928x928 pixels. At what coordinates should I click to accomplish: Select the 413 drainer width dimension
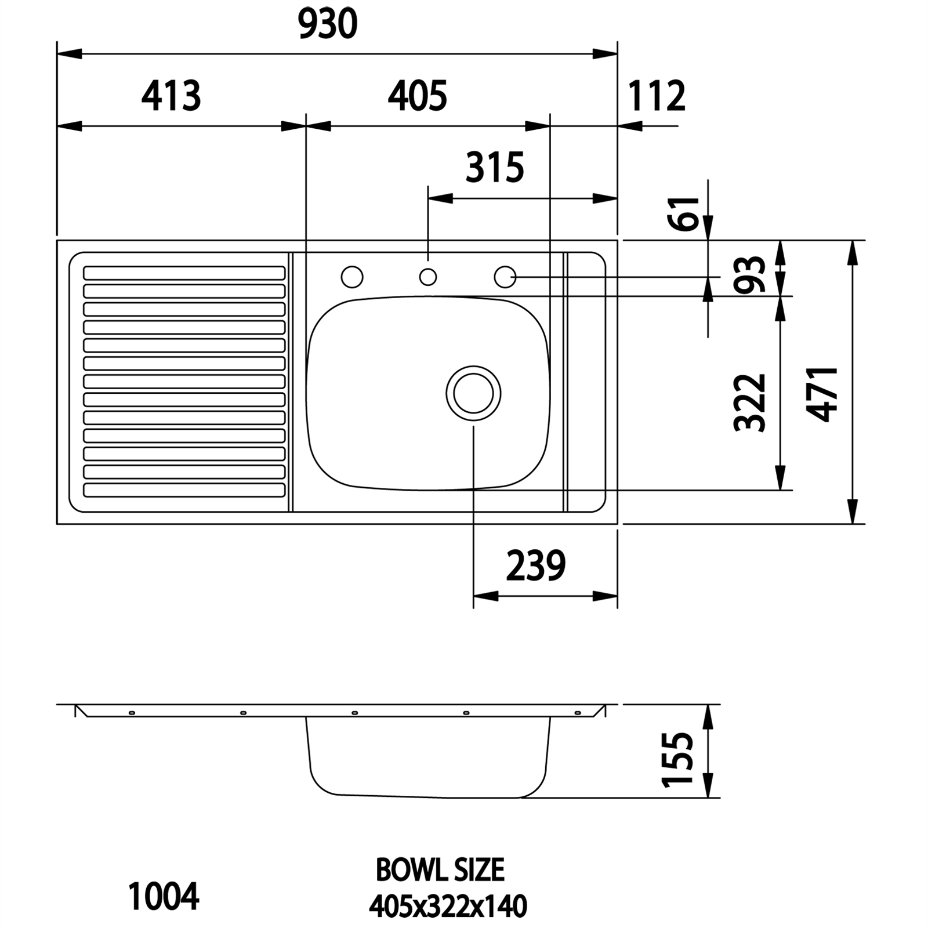[x=171, y=96]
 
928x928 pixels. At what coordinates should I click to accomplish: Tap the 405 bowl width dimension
[x=417, y=96]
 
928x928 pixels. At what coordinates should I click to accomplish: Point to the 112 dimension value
[x=657, y=96]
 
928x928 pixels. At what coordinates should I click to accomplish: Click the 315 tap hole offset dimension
[x=495, y=168]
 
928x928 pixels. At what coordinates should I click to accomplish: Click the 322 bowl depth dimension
[x=750, y=403]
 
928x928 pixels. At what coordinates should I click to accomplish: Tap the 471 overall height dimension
[x=822, y=394]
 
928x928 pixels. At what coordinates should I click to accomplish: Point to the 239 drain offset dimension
[x=535, y=566]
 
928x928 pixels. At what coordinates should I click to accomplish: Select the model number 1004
[x=164, y=897]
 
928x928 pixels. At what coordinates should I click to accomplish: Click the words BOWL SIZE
[x=440, y=869]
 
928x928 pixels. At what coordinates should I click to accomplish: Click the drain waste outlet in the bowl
[x=473, y=393]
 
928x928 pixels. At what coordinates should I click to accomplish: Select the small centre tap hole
[x=428, y=277]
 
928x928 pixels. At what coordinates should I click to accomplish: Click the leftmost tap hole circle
[x=352, y=277]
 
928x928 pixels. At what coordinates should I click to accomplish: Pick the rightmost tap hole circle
[x=505, y=277]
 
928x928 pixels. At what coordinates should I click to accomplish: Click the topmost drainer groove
[x=184, y=273]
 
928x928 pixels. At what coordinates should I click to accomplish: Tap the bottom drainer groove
[x=184, y=490]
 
